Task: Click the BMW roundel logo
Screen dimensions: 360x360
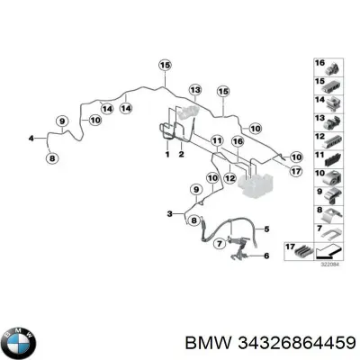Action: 20,342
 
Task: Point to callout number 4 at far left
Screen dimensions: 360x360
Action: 31,138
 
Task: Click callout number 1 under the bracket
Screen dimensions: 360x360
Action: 166,155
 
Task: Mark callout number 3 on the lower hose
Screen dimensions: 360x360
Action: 170,212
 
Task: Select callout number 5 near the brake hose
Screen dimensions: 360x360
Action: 265,229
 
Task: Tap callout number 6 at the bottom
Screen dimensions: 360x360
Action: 266,257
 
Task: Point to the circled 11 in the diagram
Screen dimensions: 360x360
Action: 216,142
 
